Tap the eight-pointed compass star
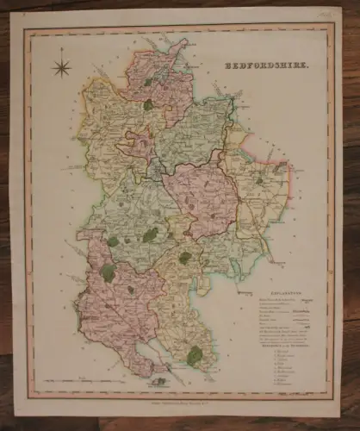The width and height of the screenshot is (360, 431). (61, 66)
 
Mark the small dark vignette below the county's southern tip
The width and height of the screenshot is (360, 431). (159, 371)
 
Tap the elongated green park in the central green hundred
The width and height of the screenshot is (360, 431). (150, 234)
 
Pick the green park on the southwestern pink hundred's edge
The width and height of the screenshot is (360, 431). (107, 272)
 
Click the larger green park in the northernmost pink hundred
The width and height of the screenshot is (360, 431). (148, 104)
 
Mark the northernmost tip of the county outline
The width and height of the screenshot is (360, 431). (181, 40)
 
